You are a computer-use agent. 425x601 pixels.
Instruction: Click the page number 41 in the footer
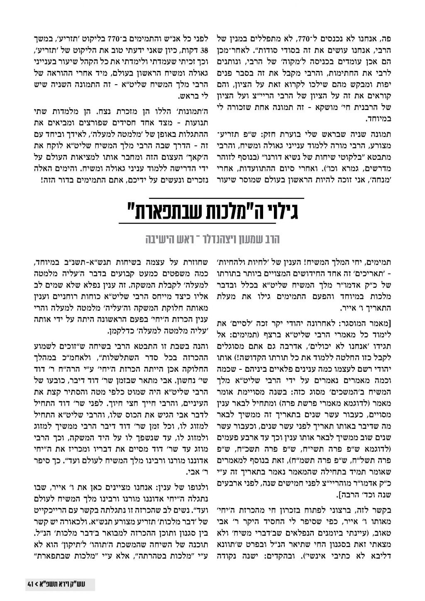(29, 584)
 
